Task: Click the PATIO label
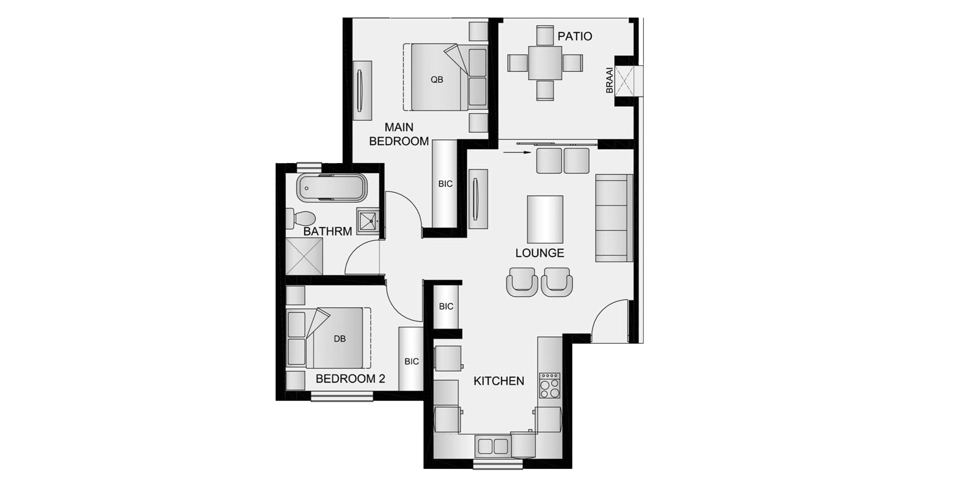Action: point(575,36)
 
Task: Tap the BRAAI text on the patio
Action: point(610,80)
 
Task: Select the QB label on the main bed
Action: point(437,80)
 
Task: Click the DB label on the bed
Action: point(340,339)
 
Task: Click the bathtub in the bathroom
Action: point(332,188)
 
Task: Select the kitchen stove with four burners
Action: point(549,385)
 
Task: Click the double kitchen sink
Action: point(493,446)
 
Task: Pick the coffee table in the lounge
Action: point(545,219)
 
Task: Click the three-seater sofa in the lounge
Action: point(614,218)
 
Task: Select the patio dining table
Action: point(545,63)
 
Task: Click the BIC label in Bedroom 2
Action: point(412,362)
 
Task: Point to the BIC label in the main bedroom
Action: point(445,184)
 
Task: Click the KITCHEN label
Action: point(499,381)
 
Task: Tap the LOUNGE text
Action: point(540,253)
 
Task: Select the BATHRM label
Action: point(328,231)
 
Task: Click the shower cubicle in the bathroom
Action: point(304,257)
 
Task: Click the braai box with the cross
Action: point(624,80)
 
